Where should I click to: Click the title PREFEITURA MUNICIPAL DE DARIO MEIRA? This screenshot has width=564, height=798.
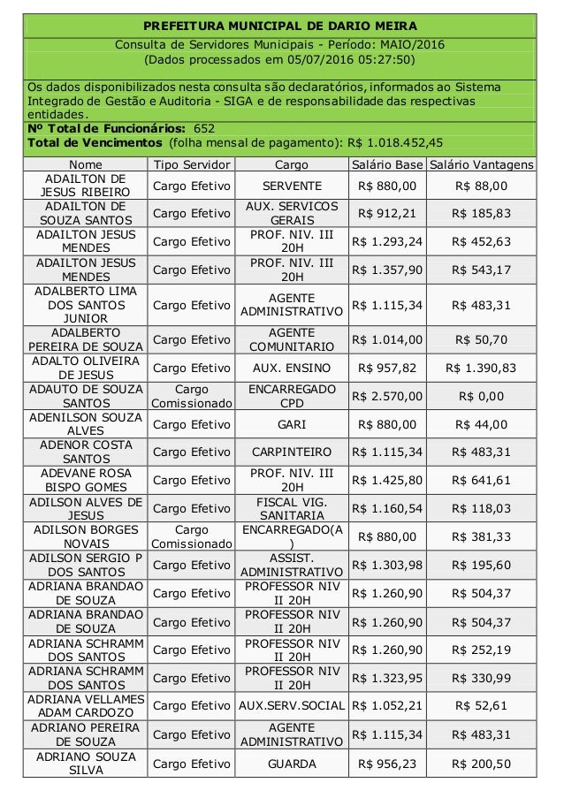click(x=280, y=26)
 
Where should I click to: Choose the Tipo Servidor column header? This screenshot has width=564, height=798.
click(x=193, y=164)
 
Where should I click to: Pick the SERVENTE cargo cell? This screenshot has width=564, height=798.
click(x=292, y=186)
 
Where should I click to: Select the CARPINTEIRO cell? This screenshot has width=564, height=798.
click(x=292, y=452)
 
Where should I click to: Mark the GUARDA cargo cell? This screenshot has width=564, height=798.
click(x=292, y=762)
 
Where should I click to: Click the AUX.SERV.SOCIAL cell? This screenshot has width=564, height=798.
click(x=292, y=705)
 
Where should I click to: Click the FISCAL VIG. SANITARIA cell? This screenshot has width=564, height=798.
click(x=292, y=508)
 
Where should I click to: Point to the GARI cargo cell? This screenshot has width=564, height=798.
click(x=292, y=424)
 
